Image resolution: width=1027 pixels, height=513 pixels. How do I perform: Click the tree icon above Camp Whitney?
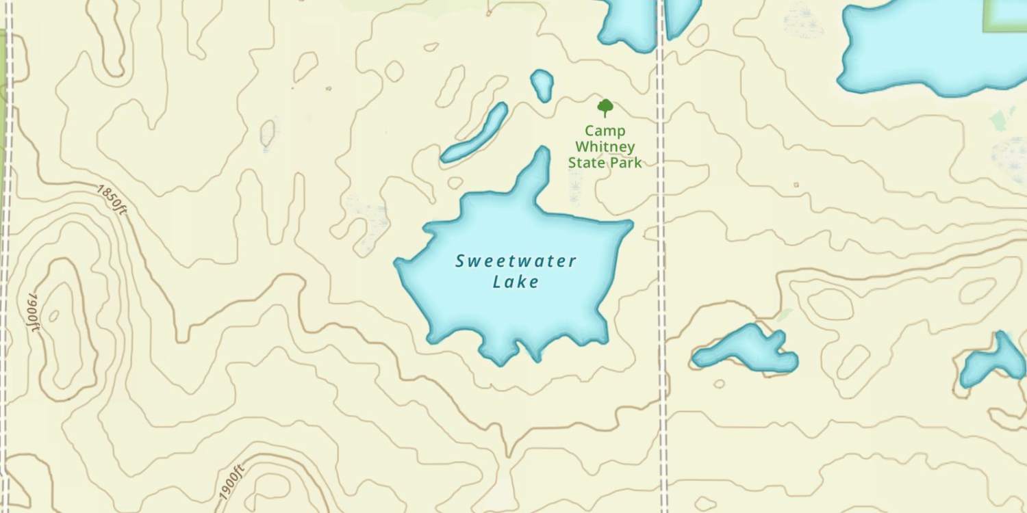tap(605, 107)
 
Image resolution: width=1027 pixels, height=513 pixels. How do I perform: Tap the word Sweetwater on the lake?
tap(516, 261)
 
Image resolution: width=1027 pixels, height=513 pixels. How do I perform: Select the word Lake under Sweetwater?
tap(516, 281)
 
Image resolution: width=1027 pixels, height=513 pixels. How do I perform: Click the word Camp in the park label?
tap(605, 131)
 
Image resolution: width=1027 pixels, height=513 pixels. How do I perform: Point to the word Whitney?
tap(605, 146)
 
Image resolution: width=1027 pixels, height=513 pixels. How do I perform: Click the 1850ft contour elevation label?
tap(111, 199)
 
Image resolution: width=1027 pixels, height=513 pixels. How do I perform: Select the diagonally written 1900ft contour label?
tap(232, 482)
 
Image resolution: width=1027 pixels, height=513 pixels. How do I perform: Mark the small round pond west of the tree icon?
tap(542, 84)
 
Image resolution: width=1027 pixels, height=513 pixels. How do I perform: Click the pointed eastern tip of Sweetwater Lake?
tap(629, 224)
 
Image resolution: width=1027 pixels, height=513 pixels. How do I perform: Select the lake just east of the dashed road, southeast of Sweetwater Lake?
tap(746, 350)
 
